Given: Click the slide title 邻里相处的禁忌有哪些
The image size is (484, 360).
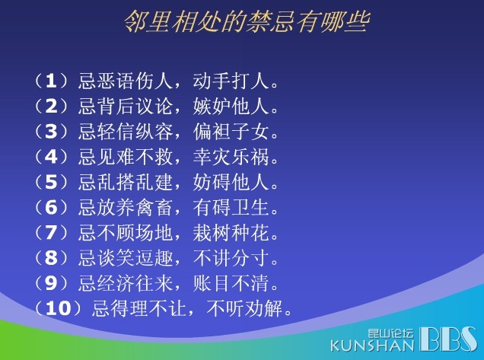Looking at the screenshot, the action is click(247, 21).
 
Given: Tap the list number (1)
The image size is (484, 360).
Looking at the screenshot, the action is click(51, 81).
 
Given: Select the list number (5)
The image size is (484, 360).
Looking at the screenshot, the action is click(51, 182).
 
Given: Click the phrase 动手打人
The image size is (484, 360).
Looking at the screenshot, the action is click(231, 81).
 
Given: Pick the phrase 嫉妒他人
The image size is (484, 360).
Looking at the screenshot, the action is click(231, 107).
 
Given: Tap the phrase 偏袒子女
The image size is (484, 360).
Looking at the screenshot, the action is click(231, 131).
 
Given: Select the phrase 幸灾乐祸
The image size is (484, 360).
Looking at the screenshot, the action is click(231, 157).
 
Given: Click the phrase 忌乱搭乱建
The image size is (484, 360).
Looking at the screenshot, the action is click(125, 182).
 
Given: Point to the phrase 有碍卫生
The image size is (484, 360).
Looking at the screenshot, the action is click(231, 207).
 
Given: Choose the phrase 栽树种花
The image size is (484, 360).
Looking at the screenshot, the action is click(231, 232).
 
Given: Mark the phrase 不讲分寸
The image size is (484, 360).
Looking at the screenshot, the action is click(231, 258).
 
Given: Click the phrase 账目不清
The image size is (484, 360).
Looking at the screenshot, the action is click(231, 283).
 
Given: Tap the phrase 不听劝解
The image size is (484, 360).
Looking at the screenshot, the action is click(244, 308).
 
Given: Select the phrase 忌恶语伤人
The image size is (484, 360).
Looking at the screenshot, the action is click(125, 81).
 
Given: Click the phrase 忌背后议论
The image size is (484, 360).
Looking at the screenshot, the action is click(125, 107).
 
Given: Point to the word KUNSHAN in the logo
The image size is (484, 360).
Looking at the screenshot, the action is click(372, 346).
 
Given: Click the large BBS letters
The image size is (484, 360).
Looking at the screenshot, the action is click(448, 339).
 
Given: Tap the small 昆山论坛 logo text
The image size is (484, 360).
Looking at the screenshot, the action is click(390, 334).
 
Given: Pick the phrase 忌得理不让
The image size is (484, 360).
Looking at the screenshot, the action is click(139, 308).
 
